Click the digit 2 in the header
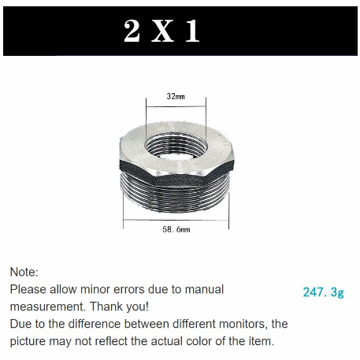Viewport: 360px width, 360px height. coord(132,31)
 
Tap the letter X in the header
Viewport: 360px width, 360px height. coord(161,31)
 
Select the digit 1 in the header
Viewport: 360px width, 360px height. coord(191,31)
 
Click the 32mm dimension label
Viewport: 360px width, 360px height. coord(175,96)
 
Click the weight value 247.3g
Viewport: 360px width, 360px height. coord(324,291)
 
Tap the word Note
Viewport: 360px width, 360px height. coord(24,272)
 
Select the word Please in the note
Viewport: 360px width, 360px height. coord(31,289)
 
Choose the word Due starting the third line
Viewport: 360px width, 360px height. coord(21,324)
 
